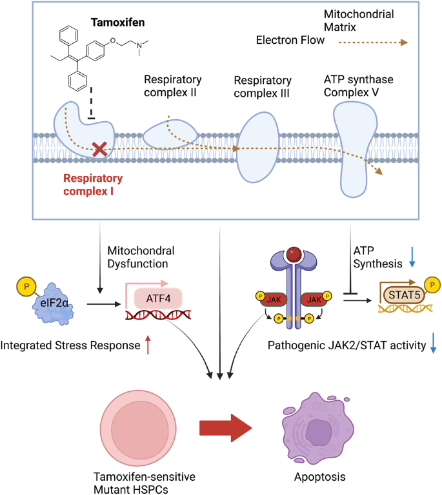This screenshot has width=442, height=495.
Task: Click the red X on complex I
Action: point(99,150)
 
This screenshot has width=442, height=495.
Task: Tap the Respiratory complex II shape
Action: point(170,133)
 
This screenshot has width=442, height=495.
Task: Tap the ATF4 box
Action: point(158,298)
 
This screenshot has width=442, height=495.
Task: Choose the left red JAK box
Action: point(274,299)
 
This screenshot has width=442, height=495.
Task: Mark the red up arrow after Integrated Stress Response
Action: point(150,346)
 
